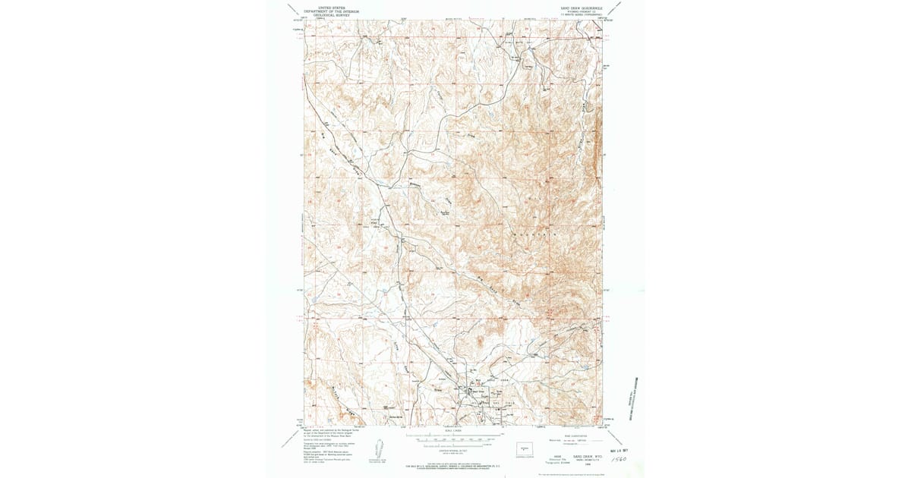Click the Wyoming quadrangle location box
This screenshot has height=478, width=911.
[x=525, y=450]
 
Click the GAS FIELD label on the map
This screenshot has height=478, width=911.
[x=490, y=395]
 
